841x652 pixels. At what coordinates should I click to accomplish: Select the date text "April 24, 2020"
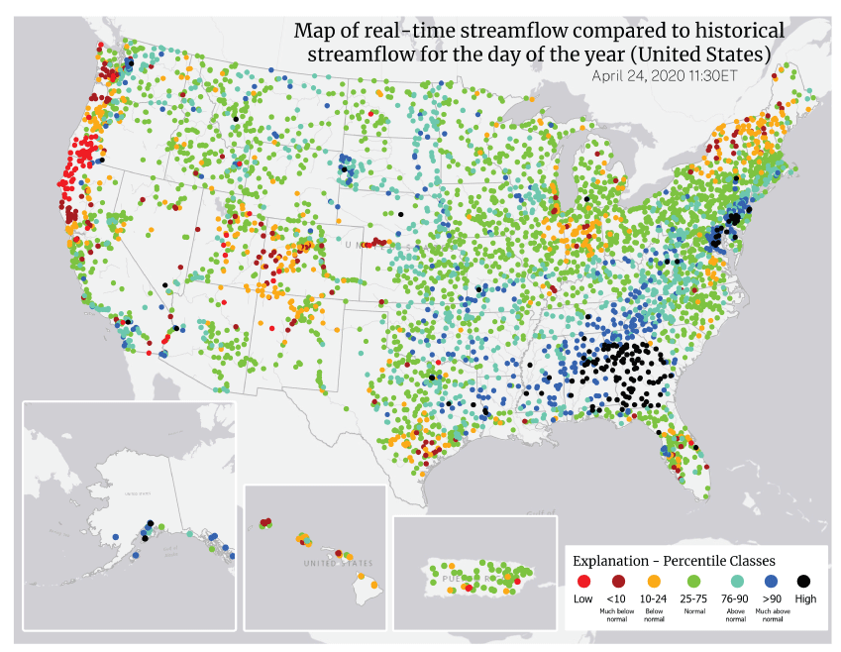point(637,74)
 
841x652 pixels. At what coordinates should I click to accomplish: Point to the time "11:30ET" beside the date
point(710,74)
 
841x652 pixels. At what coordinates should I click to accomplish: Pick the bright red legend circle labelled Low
point(583,582)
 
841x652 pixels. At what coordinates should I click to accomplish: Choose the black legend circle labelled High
point(804,582)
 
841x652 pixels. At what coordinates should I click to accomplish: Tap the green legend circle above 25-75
point(693,582)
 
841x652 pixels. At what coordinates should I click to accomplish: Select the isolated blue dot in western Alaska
point(116,536)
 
